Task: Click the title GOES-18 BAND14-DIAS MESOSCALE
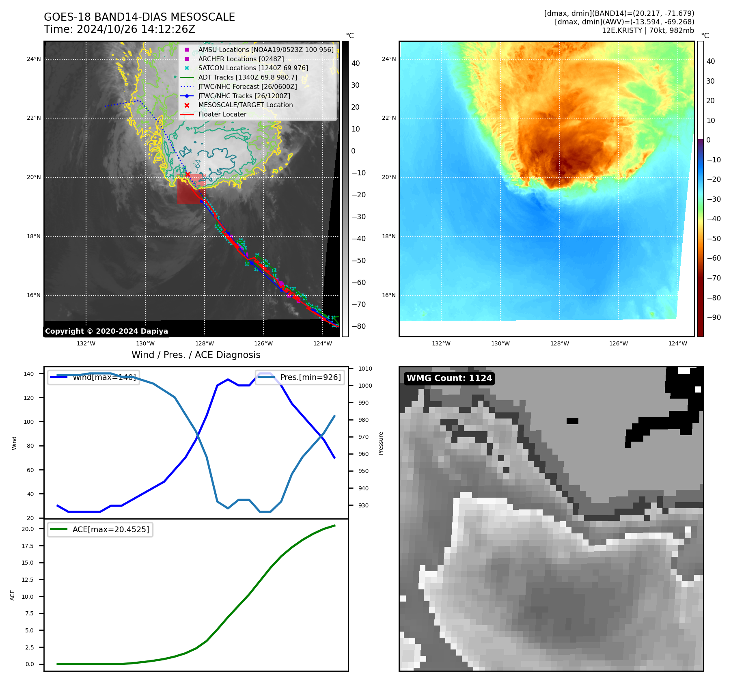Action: tap(139, 17)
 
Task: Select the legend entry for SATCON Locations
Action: tap(253, 68)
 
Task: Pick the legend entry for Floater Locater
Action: tap(222, 114)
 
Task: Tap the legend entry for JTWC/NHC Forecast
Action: tap(247, 86)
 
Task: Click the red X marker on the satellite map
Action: tap(188, 174)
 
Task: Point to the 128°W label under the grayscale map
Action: tap(204, 343)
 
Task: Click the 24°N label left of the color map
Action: tap(388, 59)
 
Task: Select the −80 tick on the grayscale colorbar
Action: tap(358, 326)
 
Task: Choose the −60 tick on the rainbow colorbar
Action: tap(714, 258)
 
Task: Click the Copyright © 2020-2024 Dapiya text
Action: tap(106, 331)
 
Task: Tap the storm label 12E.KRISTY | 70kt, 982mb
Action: tap(648, 30)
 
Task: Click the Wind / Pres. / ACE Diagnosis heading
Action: tap(196, 355)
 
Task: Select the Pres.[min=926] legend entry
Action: tap(311, 377)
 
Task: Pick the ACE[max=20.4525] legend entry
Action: tap(110, 529)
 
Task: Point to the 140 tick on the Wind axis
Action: tap(29, 374)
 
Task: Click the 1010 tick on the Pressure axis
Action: tap(365, 369)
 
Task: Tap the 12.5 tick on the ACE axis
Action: tap(28, 580)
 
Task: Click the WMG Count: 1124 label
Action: tap(449, 378)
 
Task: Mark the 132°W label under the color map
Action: tap(441, 343)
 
